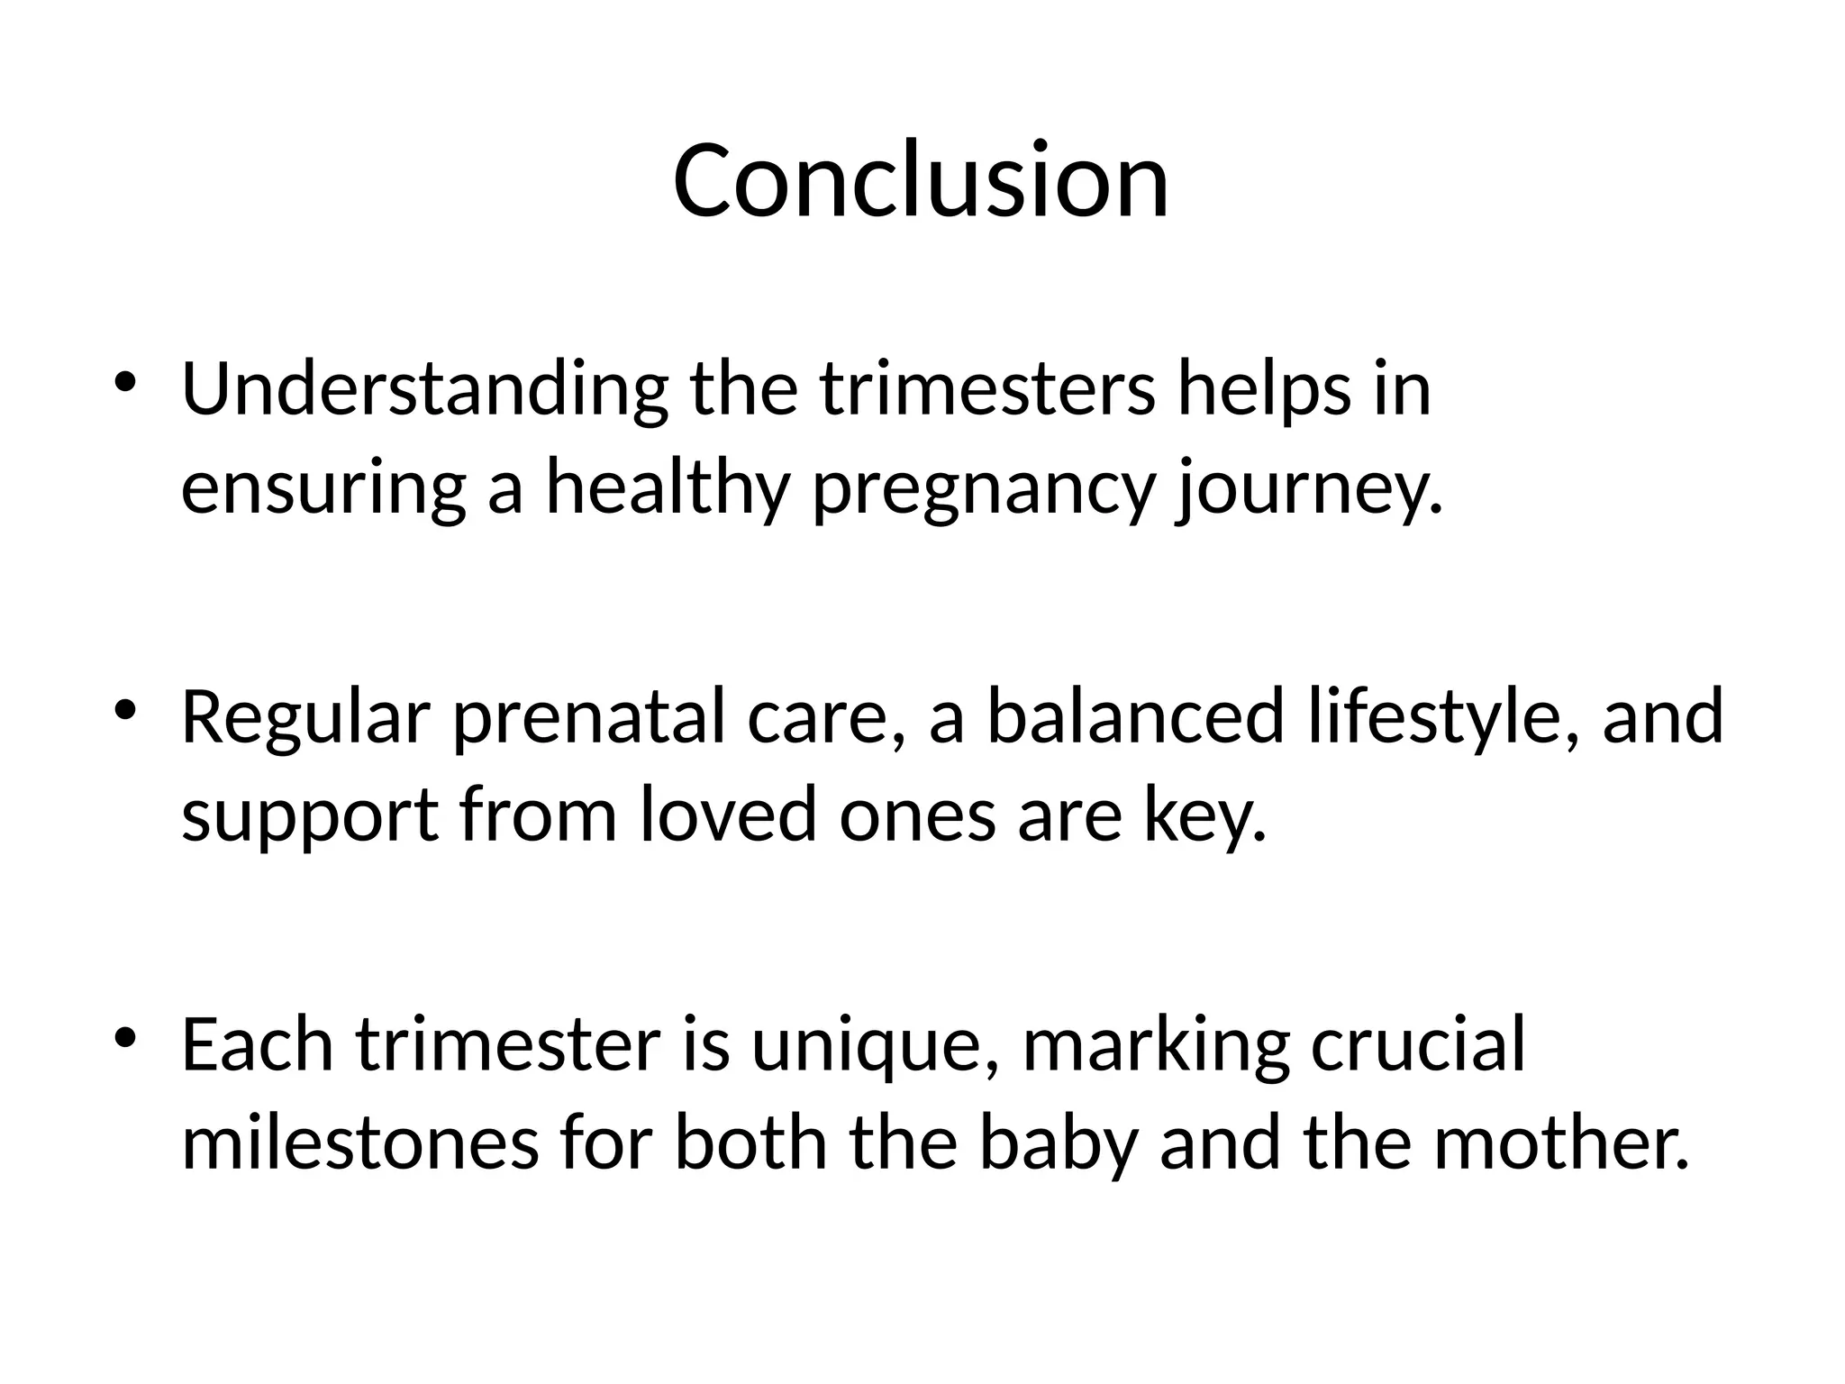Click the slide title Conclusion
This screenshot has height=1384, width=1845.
pyautogui.click(x=921, y=180)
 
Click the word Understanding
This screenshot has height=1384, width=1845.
pyautogui.click(x=424, y=390)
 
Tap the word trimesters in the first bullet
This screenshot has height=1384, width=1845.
pyautogui.click(x=987, y=390)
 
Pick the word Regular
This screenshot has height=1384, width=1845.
pyautogui.click(x=306, y=717)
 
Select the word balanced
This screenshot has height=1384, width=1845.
pyautogui.click(x=1135, y=717)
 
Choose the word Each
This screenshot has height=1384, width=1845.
pyautogui.click(x=258, y=1045)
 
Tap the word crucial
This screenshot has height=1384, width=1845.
pyautogui.click(x=1418, y=1045)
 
